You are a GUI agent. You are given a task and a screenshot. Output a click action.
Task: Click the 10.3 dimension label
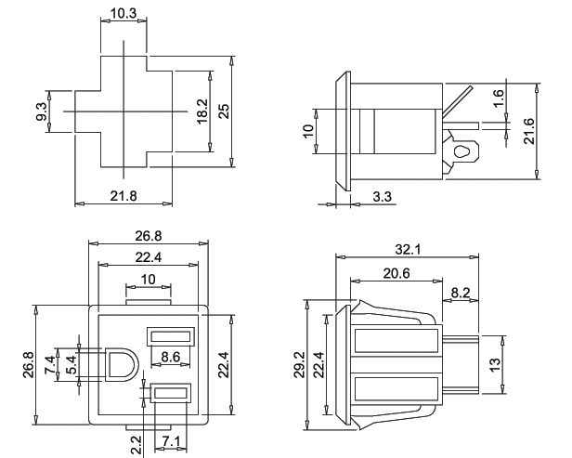pyautogui.click(x=123, y=13)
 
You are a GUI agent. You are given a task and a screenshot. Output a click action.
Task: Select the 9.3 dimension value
pyautogui.click(x=41, y=112)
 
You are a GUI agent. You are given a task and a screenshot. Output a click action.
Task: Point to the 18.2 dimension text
pyautogui.click(x=201, y=111)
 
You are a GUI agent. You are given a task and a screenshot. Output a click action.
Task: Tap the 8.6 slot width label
pyautogui.click(x=170, y=356)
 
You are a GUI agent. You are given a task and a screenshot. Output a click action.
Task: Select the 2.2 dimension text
pyautogui.click(x=136, y=446)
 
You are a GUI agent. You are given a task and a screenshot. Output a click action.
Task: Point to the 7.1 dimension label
pyautogui.click(x=170, y=440)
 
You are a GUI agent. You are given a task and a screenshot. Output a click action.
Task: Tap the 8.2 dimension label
pyautogui.click(x=460, y=292)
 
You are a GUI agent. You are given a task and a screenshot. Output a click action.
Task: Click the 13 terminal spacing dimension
pyautogui.click(x=495, y=362)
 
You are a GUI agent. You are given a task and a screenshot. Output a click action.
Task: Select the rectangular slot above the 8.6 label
pyautogui.click(x=170, y=334)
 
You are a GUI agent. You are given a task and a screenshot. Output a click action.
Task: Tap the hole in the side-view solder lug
pyautogui.click(x=460, y=149)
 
